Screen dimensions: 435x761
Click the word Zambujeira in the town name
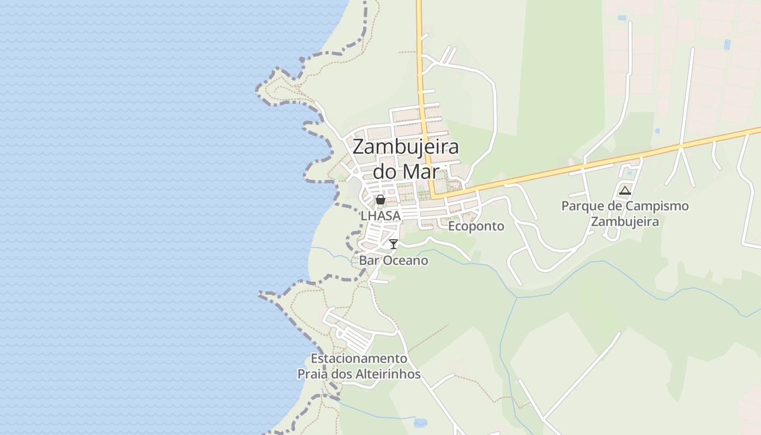[406, 147]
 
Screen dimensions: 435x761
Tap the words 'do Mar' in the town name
[406, 171]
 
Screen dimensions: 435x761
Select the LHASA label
[380, 216]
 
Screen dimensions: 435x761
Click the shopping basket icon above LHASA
[380, 200]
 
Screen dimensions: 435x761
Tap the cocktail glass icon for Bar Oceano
[394, 244]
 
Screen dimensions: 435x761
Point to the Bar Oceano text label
[394, 260]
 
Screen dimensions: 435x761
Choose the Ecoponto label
[476, 226]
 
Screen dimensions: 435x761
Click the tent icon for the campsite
[625, 191]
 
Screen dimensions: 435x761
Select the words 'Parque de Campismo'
[625, 207]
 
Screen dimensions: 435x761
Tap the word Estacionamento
[359, 359]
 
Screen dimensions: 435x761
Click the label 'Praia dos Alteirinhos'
[359, 374]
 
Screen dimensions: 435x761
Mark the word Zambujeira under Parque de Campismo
[625, 222]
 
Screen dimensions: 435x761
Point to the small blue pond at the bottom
[420, 422]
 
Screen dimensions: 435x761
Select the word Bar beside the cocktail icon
[369, 260]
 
